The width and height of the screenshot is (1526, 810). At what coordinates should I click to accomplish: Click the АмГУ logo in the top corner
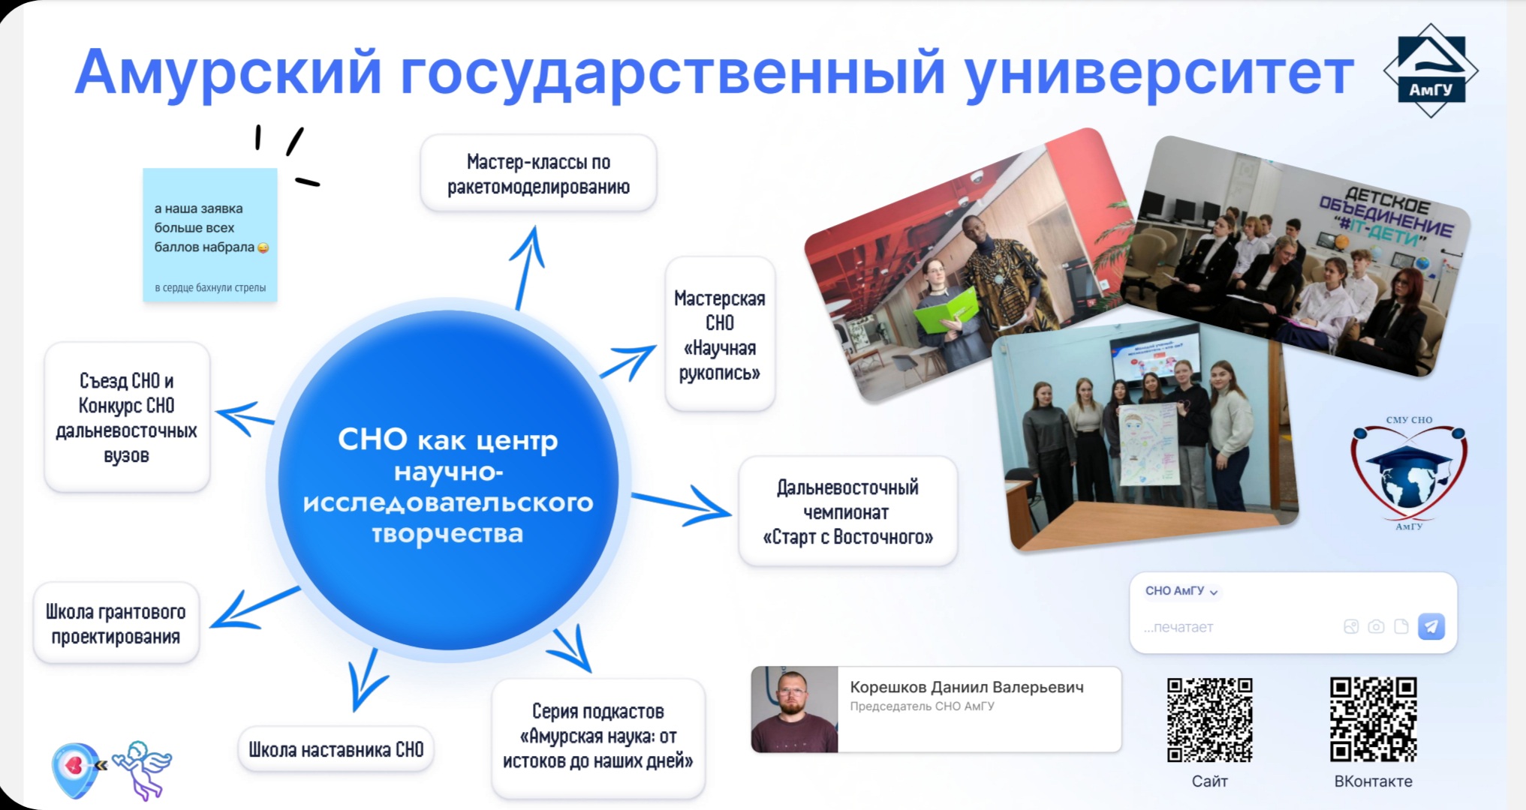tap(1431, 70)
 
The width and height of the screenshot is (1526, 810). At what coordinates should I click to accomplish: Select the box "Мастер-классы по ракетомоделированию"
tap(538, 173)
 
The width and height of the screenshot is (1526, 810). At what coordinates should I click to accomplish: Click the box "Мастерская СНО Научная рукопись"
tap(719, 334)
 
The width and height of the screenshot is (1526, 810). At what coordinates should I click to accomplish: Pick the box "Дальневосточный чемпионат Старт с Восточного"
tap(847, 511)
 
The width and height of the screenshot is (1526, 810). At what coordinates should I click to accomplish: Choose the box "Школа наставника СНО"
tap(336, 749)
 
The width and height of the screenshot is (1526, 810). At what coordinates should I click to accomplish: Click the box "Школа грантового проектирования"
tap(116, 623)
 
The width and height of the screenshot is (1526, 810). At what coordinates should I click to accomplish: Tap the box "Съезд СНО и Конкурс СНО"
tap(126, 417)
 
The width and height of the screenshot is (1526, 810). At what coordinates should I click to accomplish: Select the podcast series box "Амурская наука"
tap(597, 736)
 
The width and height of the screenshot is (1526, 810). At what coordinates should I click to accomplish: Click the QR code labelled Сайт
tap(1209, 720)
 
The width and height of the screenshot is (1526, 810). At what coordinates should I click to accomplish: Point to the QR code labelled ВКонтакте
tap(1373, 720)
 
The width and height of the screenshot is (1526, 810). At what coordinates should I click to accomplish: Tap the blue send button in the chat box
tap(1431, 626)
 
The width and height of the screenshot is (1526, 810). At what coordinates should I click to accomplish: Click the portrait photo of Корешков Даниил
tap(794, 709)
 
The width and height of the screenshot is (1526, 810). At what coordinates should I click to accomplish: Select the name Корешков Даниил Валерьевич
tap(967, 687)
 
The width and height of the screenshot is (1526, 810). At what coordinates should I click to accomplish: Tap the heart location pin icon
tap(77, 769)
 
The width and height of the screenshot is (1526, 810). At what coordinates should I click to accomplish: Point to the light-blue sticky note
tap(210, 235)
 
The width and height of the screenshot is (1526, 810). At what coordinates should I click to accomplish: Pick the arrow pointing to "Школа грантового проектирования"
tap(254, 607)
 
